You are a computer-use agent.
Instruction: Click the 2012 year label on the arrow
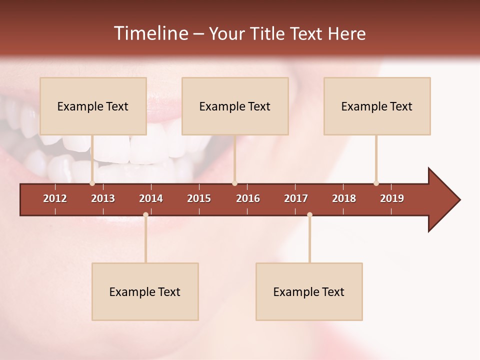coord(55,198)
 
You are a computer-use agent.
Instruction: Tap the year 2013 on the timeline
coord(103,198)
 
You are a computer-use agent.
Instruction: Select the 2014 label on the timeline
coord(151,198)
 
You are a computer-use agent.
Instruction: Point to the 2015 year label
coord(199,198)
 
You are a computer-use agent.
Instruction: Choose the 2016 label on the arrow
coord(248,198)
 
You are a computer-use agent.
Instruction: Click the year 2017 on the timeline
coord(296,198)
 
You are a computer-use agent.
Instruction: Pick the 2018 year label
coord(344,198)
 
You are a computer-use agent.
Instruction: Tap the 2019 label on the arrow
coord(392,198)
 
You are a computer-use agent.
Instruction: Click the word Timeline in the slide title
coord(150,33)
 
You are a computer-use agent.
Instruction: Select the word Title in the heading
coord(270,33)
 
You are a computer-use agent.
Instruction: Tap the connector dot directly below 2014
coord(145,214)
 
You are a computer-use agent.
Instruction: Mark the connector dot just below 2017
coord(309,214)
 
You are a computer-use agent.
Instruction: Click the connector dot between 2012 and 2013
coord(92,183)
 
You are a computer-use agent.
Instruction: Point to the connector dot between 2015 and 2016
coord(234,183)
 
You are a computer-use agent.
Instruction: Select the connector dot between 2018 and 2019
coord(376,183)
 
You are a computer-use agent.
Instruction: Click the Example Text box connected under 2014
coord(145,291)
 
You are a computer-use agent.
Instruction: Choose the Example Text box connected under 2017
coord(309,291)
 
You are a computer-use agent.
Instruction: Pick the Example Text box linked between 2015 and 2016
coord(235,106)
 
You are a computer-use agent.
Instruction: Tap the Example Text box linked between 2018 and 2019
coord(377,106)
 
